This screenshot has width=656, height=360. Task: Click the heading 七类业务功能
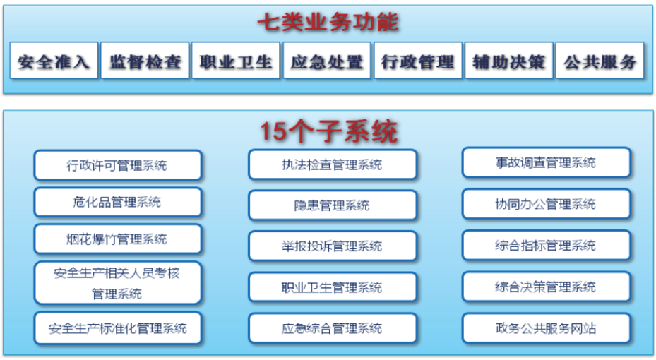tap(328, 22)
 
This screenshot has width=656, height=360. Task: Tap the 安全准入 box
tap(54, 60)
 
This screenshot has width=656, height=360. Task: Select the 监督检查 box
tap(145, 60)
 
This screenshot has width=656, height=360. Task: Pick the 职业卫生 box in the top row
tap(236, 60)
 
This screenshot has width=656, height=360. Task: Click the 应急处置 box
tap(327, 60)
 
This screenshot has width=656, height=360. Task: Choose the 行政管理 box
tap(418, 60)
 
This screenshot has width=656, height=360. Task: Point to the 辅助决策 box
tap(508, 60)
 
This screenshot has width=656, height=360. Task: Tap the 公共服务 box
tap(600, 60)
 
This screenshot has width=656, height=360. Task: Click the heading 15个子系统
tap(328, 131)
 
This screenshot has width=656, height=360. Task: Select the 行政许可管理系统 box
tap(118, 165)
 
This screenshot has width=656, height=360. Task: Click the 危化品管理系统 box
tap(118, 202)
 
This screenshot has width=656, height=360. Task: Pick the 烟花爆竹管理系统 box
tap(118, 239)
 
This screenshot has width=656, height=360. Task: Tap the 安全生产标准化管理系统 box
tap(118, 328)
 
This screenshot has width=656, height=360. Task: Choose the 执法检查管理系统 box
tap(333, 164)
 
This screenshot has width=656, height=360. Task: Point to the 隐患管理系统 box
tap(333, 205)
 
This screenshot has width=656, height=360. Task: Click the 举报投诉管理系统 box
tap(333, 246)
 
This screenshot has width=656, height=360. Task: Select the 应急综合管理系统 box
tap(333, 328)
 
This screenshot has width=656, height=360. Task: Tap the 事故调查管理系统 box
tap(547, 162)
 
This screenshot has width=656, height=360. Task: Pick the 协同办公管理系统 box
tap(547, 203)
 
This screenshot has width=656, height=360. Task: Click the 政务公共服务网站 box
tap(547, 328)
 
